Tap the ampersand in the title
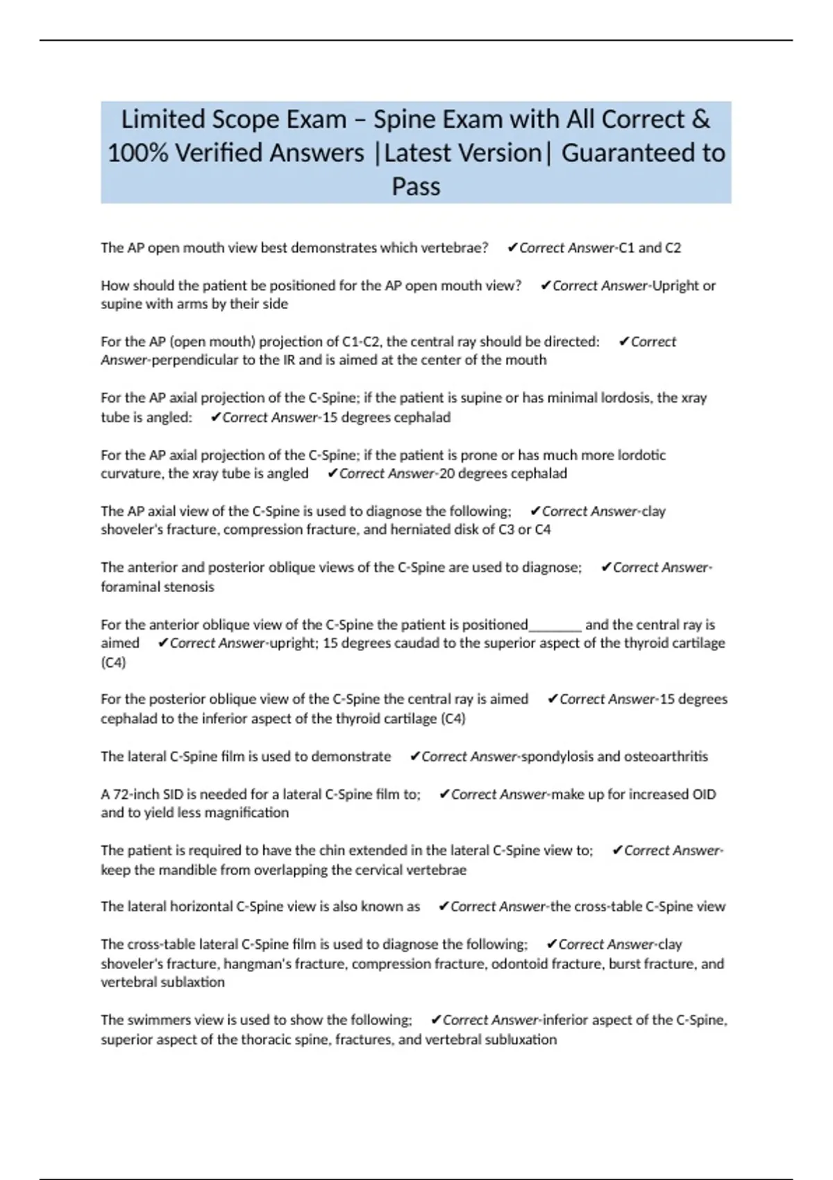pyautogui.click(x=701, y=119)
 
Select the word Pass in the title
pyautogui.click(x=416, y=186)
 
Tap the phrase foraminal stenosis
pyautogui.click(x=157, y=587)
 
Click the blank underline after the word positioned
pyautogui.click(x=555, y=625)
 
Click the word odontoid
pyautogui.click(x=520, y=964)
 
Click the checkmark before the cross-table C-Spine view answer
pyautogui.click(x=444, y=907)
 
